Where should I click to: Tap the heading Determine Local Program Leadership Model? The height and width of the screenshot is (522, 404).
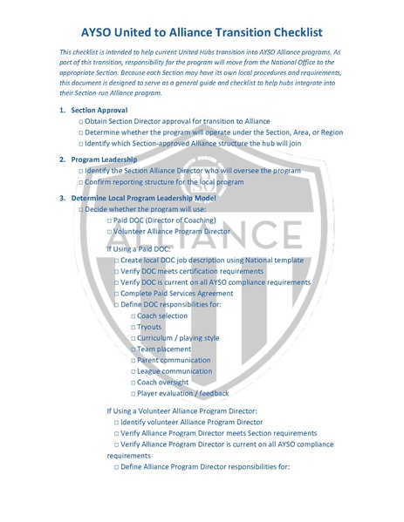[144, 198]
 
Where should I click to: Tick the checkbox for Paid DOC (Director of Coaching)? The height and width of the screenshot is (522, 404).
[109, 221]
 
